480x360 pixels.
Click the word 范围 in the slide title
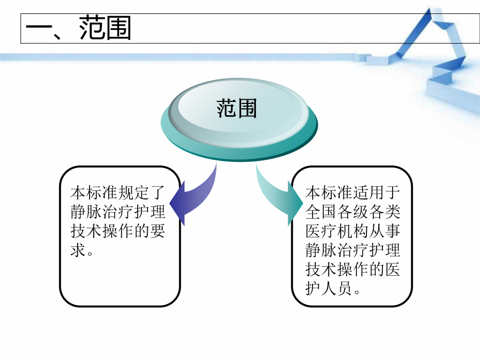point(105,28)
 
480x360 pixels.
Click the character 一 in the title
point(38,29)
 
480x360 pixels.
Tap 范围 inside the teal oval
point(237,108)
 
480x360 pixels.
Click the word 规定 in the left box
point(133,193)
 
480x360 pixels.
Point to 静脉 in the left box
point(86,212)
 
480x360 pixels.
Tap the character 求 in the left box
point(78,251)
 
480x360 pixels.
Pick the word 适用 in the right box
point(369,193)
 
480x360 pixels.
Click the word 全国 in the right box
point(321,212)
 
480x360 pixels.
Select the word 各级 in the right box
point(353,212)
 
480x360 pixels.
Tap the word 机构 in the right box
point(353,231)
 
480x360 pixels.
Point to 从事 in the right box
point(385,231)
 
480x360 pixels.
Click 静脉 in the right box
point(321,251)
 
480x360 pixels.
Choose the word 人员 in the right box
point(337,289)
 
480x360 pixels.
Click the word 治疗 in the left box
point(118,212)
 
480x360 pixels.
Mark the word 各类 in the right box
point(385,212)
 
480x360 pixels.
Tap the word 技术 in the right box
point(321,269)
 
